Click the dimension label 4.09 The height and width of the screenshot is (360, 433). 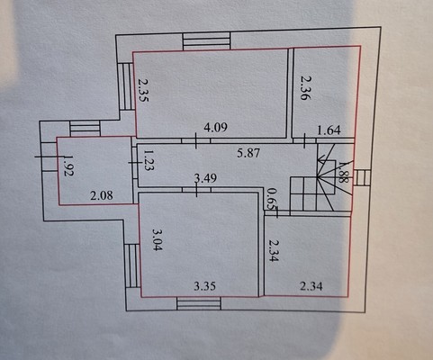pyautogui.click(x=215, y=128)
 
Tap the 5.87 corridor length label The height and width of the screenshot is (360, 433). pyautogui.click(x=248, y=153)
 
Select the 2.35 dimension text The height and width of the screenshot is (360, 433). pyautogui.click(x=143, y=90)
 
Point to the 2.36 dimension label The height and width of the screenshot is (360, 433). pyautogui.click(x=305, y=87)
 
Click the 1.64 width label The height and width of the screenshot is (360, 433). pyautogui.click(x=329, y=130)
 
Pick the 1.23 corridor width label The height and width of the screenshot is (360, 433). pyautogui.click(x=149, y=160)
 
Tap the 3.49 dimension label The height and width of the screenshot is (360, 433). pyautogui.click(x=205, y=178)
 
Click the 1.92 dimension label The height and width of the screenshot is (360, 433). pyautogui.click(x=68, y=166)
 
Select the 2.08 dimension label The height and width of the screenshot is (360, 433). pyautogui.click(x=102, y=195)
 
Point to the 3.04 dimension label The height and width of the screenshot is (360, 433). pyautogui.click(x=158, y=240)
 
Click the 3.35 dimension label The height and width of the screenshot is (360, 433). pyautogui.click(x=204, y=286)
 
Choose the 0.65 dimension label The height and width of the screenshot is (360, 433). pyautogui.click(x=273, y=199)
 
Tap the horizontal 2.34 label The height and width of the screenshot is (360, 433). pyautogui.click(x=311, y=286)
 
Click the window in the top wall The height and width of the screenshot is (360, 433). pyautogui.click(x=207, y=41)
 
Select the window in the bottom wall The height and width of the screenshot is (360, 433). pyautogui.click(x=199, y=303)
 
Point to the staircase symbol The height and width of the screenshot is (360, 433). pyautogui.click(x=320, y=177)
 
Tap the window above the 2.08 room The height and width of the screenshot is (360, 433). pyautogui.click(x=85, y=129)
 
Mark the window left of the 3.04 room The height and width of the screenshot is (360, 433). pyautogui.click(x=132, y=265)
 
